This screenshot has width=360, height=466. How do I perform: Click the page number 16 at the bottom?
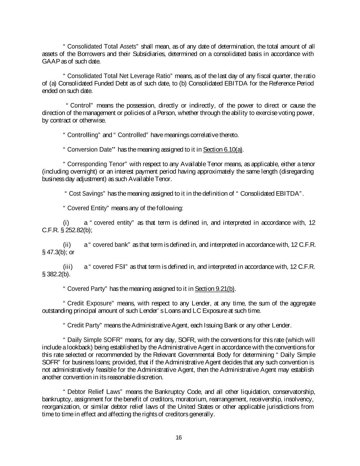pos(179,438)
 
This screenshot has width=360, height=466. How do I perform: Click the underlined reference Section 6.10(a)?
pos(223,150)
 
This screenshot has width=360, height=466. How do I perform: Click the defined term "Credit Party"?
pos(85,325)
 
